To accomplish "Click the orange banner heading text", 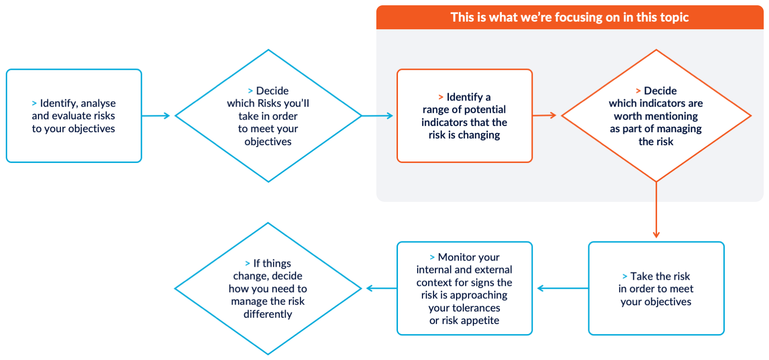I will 570,17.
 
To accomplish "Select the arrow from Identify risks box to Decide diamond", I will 156,116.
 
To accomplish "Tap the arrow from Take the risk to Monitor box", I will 562,288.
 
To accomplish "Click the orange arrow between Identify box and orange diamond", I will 544,115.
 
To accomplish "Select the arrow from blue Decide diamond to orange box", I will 377,116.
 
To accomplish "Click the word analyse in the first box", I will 98,103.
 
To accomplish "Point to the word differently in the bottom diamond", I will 268,314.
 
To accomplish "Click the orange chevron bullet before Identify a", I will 441,97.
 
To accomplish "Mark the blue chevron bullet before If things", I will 248,263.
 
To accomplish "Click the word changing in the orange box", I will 479,135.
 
